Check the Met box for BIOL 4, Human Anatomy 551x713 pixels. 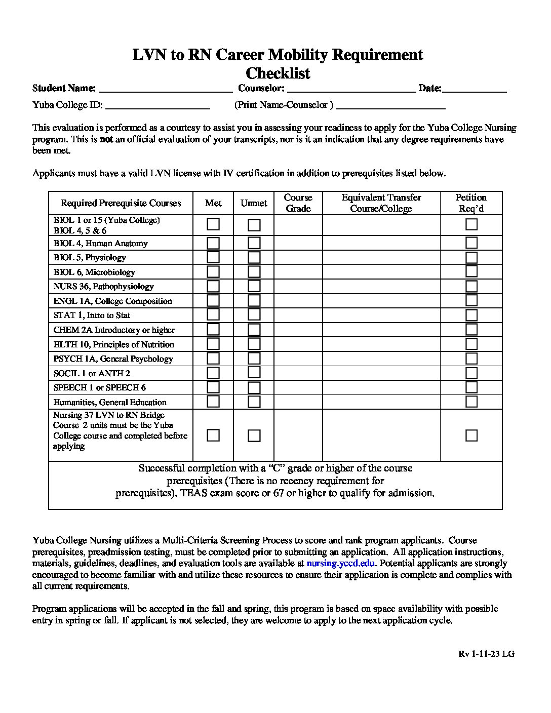click(x=213, y=243)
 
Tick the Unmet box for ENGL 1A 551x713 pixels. click(x=254, y=301)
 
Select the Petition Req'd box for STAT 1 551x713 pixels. click(x=471, y=315)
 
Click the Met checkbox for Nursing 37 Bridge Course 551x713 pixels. click(x=213, y=435)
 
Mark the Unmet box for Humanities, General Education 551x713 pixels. click(x=254, y=402)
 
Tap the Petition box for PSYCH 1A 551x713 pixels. click(x=471, y=359)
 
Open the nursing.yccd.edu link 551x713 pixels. click(x=340, y=563)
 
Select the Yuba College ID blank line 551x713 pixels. click(x=158, y=107)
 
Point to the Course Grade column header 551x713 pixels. click(x=298, y=203)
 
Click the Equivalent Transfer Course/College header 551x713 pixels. click(x=381, y=203)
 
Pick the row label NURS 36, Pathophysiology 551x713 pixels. click(x=103, y=287)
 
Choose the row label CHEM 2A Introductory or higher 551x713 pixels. click(x=114, y=330)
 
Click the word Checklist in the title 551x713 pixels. click(x=278, y=73)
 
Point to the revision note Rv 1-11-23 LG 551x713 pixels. click(x=486, y=654)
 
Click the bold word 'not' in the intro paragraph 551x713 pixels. click(x=106, y=139)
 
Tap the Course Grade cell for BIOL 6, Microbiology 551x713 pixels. click(x=298, y=272)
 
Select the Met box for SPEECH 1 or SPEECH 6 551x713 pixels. click(x=213, y=388)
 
